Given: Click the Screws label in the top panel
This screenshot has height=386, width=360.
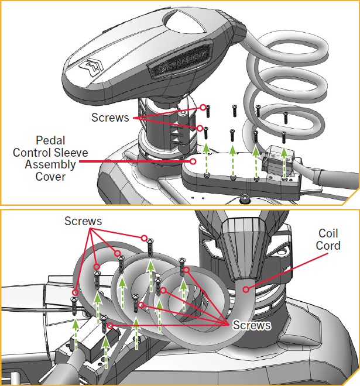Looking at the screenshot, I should [110, 118].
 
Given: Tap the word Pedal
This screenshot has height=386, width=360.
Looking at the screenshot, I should [51, 140].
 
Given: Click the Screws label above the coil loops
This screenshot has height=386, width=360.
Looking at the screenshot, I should [83, 221].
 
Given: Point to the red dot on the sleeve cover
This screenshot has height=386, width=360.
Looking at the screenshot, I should [194, 160].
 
